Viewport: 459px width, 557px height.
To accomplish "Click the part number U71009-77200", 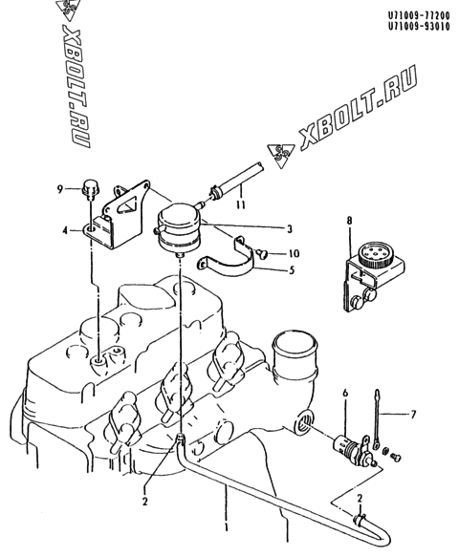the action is (x=419, y=15).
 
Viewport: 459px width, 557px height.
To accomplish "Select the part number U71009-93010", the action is (x=419, y=27).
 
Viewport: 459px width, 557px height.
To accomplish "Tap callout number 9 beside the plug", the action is (x=59, y=189).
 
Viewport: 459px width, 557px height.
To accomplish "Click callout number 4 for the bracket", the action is (x=65, y=231).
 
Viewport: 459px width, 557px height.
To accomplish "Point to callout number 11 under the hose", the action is (x=241, y=205).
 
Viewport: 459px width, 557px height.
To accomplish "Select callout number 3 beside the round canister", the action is (x=290, y=229).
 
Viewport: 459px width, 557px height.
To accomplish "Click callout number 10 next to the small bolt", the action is (x=294, y=253).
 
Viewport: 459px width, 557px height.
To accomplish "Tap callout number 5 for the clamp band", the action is (x=292, y=270).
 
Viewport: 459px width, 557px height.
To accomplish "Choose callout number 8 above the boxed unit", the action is (x=350, y=221).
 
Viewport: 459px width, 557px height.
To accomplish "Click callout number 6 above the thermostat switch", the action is (x=345, y=394).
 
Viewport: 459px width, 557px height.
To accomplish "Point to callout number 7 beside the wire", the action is (x=413, y=415).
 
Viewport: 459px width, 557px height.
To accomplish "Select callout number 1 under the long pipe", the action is (x=226, y=528).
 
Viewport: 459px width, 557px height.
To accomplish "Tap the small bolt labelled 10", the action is (x=261, y=253).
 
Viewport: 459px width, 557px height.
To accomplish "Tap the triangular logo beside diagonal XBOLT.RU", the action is (x=281, y=155).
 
